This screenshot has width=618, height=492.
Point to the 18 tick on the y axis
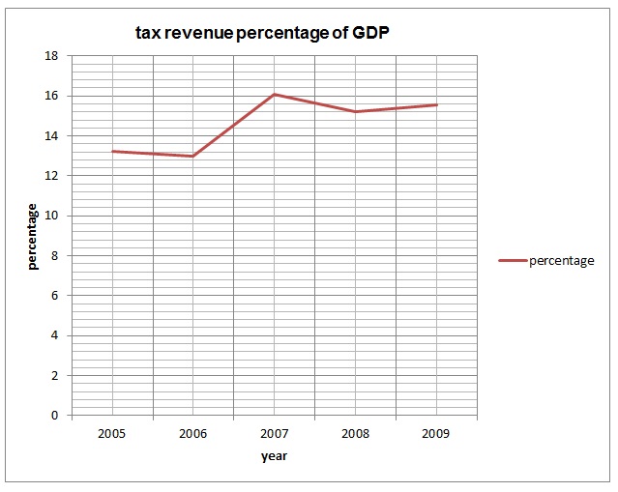coord(52,56)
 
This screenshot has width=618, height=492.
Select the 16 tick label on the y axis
coord(52,96)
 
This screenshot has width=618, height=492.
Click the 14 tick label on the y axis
coord(52,136)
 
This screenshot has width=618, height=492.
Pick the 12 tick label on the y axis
coord(52,176)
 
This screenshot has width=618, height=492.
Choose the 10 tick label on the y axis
coord(52,216)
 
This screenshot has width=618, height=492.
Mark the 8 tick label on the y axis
coord(55,256)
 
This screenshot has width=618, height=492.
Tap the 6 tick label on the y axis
coord(55,296)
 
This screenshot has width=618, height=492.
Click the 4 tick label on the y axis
coord(55,335)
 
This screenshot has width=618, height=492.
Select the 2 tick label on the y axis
coord(55,375)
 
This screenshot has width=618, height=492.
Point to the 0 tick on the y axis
coord(55,416)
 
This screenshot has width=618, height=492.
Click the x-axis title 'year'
coord(274,456)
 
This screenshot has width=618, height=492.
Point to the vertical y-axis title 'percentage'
coord(32,236)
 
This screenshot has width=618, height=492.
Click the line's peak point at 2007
coord(275,94)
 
